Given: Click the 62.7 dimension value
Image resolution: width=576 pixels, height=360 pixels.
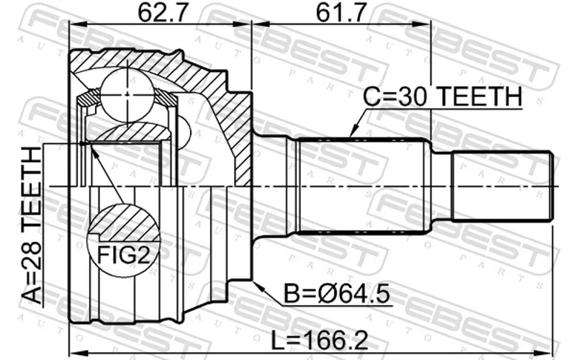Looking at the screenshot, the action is [x=163, y=13].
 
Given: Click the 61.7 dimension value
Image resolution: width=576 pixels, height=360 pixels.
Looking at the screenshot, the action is [x=341, y=13].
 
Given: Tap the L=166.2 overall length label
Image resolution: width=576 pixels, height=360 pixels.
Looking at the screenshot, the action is [x=319, y=340].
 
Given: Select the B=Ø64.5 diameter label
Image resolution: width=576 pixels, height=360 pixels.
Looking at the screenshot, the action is [x=337, y=294].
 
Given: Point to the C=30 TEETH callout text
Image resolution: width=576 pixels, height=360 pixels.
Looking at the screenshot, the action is [x=442, y=96].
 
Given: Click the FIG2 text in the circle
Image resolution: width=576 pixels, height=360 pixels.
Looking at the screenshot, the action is [x=123, y=255].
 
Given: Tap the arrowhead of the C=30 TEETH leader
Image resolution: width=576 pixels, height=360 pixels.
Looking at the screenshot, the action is [x=354, y=132].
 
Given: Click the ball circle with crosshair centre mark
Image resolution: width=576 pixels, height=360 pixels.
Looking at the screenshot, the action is [x=127, y=94].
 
